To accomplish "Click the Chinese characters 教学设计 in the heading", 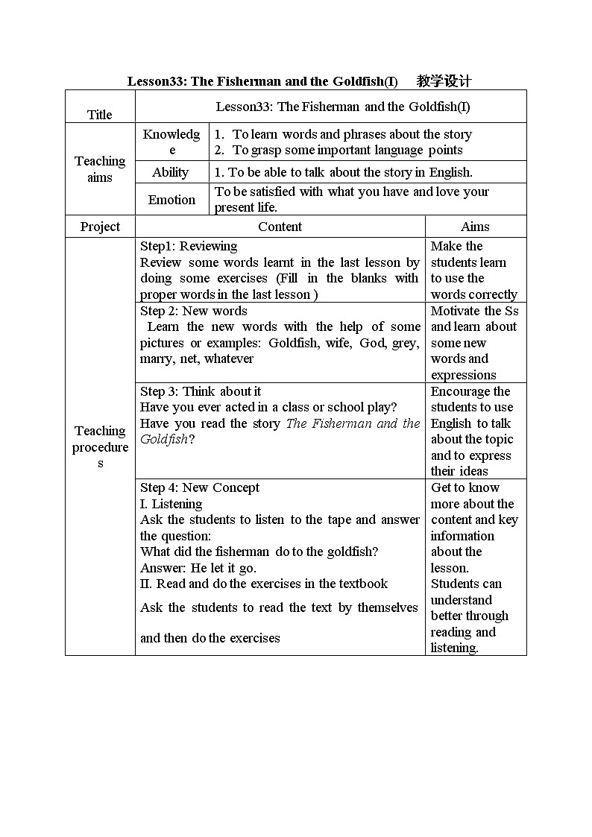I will pos(444,81).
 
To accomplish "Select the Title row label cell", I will pos(100,114).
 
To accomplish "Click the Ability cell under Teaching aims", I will pos(171,172).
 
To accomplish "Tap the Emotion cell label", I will pos(171,200).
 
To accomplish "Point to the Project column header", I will pos(100,227).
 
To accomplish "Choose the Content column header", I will pos(280,227).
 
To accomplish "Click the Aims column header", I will pos(475,227).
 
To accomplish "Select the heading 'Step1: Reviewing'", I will pos(189,246).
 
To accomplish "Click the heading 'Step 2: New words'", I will pos(194,311).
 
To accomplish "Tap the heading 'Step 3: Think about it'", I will pos(201,391).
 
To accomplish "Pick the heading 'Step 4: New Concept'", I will pos(200,487).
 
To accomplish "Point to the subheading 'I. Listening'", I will pos(171,504).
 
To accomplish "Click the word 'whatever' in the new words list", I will pos(229,359).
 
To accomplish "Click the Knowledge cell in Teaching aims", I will pos(171,141).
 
